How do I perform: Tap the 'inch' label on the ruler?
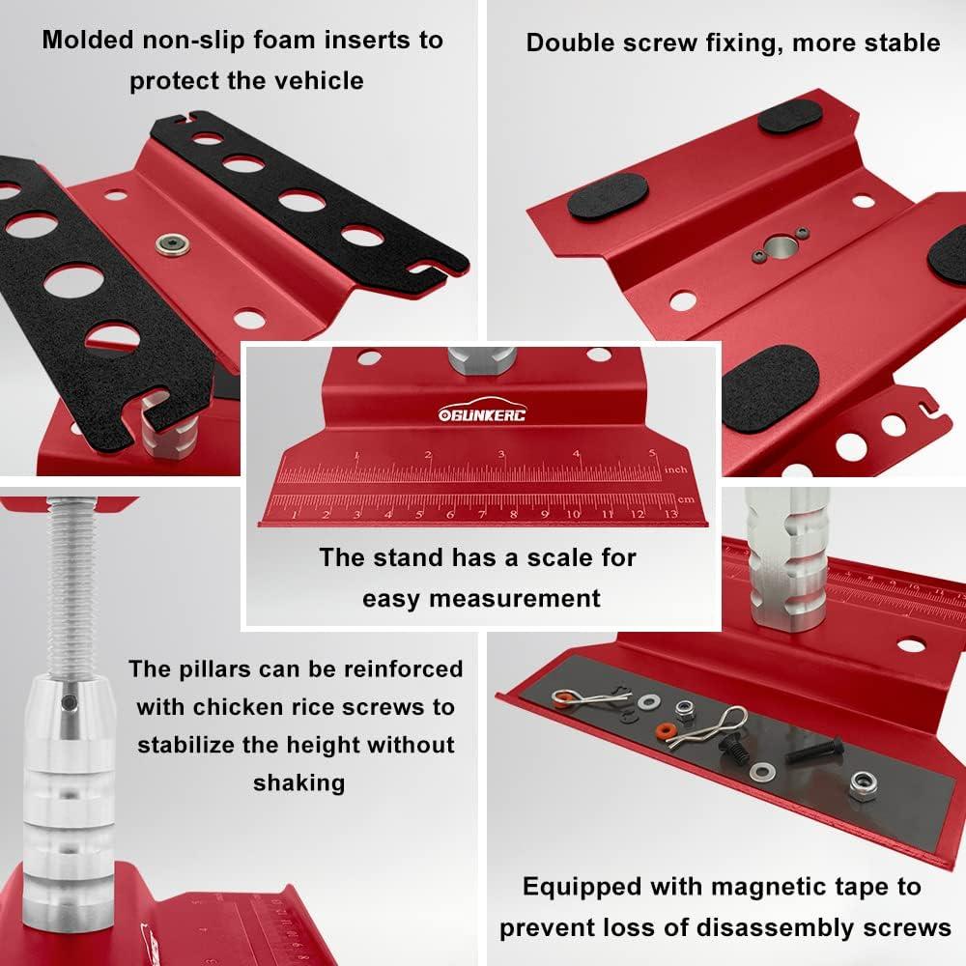point(676,469)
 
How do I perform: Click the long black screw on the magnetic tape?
point(813,750)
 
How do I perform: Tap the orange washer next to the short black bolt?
point(666,728)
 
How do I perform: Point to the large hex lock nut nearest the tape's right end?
point(859,783)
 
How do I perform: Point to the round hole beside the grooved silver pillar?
point(910,644)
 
